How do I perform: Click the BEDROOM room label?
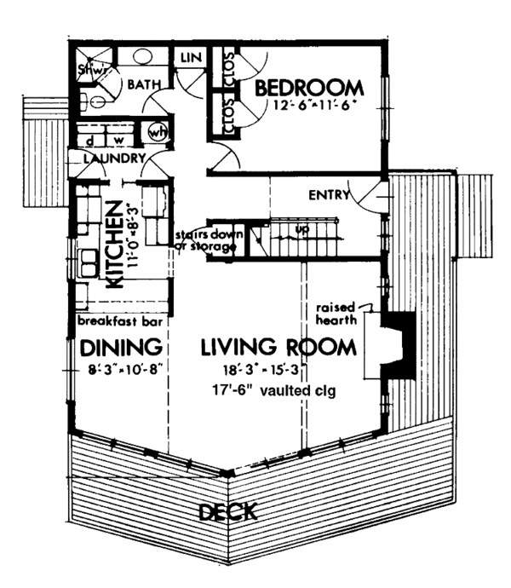[x=309, y=88]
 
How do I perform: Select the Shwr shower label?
[x=90, y=71]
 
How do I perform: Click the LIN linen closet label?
[x=189, y=58]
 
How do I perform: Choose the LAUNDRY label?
[x=112, y=159]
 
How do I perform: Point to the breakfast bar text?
[x=120, y=322]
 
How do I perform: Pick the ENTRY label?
[x=330, y=195]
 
